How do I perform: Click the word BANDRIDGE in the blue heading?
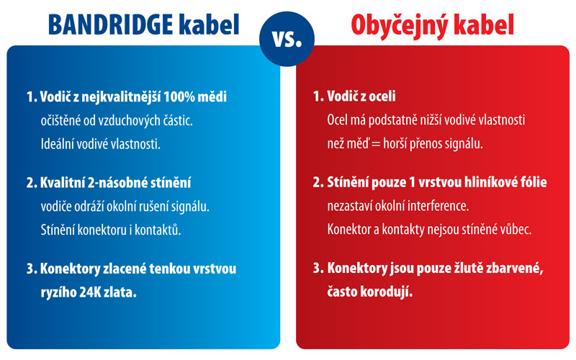pyautogui.click(x=111, y=25)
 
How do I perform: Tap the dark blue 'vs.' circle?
pyautogui.click(x=287, y=39)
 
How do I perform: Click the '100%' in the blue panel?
pyautogui.click(x=179, y=97)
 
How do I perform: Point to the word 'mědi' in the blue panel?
pyautogui.click(x=212, y=96)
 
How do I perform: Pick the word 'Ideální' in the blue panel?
pyautogui.click(x=55, y=144)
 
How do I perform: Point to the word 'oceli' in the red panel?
pyautogui.click(x=382, y=96)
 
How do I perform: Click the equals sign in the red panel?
pyautogui.click(x=376, y=144)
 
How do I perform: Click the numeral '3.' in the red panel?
pyautogui.click(x=318, y=269)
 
